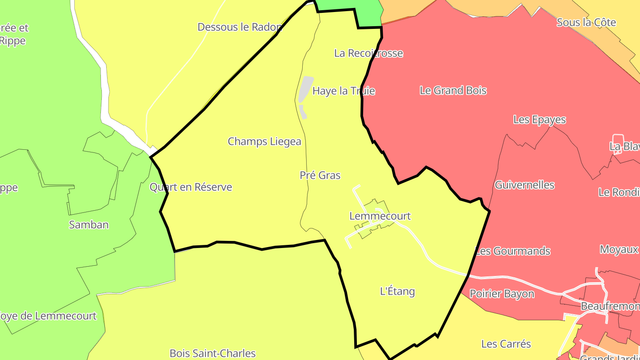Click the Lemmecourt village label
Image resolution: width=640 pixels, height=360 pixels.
(380, 216)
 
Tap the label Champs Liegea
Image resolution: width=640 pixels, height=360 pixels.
(264, 141)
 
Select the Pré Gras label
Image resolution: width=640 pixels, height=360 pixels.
(320, 175)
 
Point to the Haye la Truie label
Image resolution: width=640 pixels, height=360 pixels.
(344, 91)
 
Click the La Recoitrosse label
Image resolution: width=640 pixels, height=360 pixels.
(368, 53)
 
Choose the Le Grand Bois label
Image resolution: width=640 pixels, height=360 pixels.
(453, 91)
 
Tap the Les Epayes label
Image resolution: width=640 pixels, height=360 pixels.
(540, 120)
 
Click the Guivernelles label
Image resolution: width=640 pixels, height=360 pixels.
(524, 185)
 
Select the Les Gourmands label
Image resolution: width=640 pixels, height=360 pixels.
(513, 251)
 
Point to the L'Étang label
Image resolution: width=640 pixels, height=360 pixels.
(397, 292)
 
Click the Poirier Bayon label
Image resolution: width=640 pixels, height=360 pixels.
(502, 294)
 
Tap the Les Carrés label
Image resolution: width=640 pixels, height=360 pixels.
(506, 344)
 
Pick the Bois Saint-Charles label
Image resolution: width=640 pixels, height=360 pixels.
(212, 353)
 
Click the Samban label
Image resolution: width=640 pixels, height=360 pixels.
(89, 224)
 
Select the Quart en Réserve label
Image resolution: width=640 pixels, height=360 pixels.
(191, 187)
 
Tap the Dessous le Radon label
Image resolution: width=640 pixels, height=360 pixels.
(240, 27)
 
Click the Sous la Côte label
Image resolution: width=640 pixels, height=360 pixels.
(586, 22)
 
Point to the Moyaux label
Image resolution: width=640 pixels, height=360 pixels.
(619, 249)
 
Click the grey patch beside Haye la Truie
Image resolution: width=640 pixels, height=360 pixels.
(305, 88)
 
